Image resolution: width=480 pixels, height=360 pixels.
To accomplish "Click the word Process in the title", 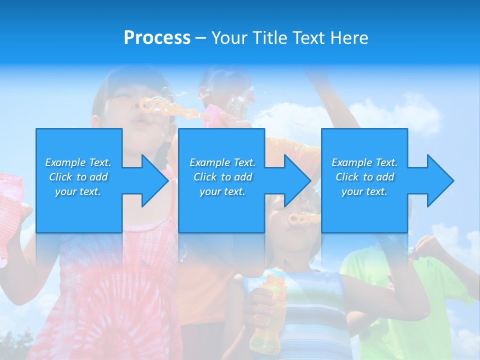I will [x=157, y=38].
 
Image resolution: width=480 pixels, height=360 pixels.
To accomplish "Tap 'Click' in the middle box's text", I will [x=205, y=177].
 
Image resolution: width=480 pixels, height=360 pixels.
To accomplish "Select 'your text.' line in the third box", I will [x=364, y=191].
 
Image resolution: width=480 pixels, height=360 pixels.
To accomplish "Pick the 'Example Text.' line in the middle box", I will [x=222, y=162].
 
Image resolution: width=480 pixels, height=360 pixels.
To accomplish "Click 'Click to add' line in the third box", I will [x=364, y=177].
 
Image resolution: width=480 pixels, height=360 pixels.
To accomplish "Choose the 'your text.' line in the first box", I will [x=78, y=191].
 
